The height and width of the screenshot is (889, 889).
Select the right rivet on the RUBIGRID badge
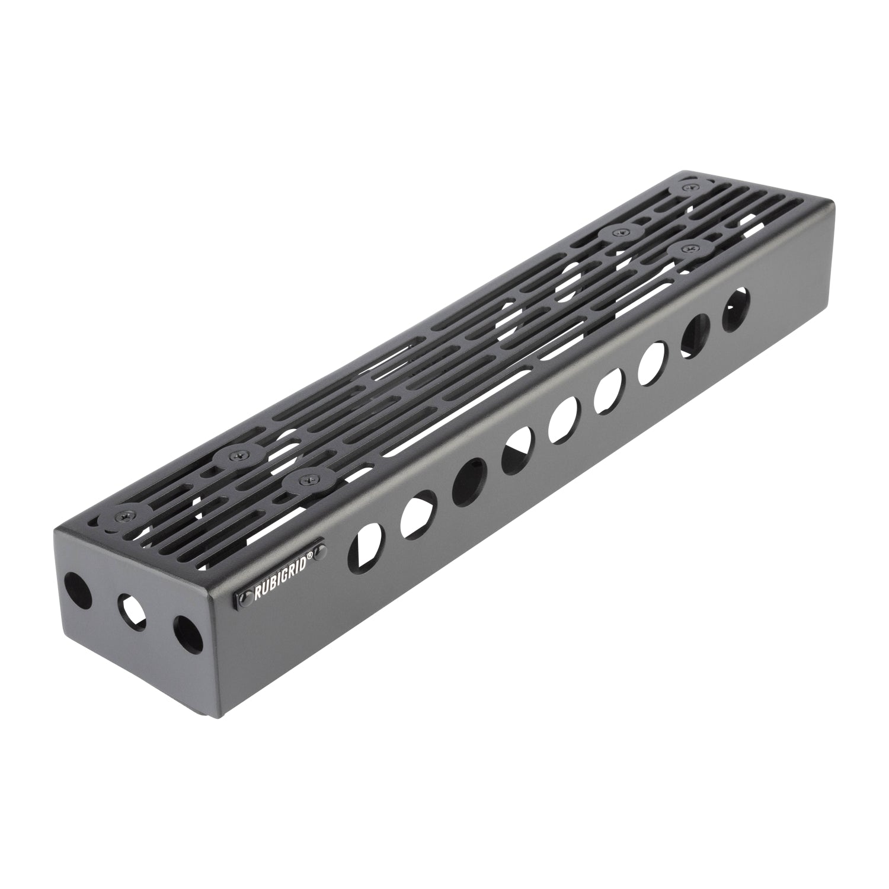[320, 552]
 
